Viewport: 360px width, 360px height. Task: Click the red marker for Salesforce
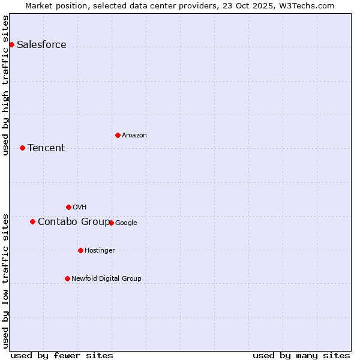[11, 44]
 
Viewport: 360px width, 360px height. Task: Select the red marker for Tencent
[22, 148]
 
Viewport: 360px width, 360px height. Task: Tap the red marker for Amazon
[118, 135]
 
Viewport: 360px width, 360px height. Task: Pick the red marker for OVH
[68, 207]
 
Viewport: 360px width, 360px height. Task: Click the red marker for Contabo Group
[32, 221]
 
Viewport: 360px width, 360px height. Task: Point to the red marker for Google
[111, 223]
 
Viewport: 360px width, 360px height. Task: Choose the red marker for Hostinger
[80, 250]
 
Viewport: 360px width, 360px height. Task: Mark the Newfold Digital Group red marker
[67, 278]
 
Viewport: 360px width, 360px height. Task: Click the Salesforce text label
[41, 45]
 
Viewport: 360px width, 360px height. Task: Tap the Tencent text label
[46, 148]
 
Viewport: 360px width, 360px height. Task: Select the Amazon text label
[134, 136]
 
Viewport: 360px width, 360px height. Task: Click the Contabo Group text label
[74, 222]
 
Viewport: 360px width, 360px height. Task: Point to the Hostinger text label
[100, 251]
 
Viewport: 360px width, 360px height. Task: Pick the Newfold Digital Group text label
[106, 279]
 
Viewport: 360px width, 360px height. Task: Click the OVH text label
[80, 208]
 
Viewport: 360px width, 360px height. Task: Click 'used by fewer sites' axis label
[62, 355]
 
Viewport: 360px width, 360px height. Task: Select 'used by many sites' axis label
[301, 355]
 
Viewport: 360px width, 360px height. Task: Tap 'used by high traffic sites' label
[6, 85]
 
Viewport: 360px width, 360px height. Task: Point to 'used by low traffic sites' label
[6, 281]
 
